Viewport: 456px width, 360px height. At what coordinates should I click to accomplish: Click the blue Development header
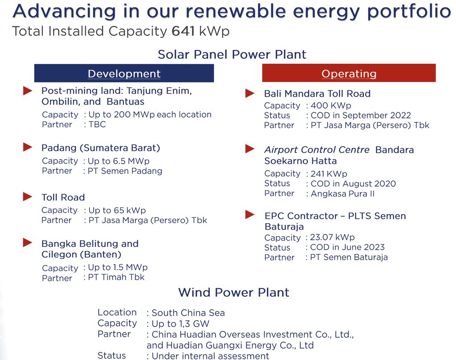pyautogui.click(x=124, y=74)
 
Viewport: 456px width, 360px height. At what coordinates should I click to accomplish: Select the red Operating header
pyautogui.click(x=349, y=73)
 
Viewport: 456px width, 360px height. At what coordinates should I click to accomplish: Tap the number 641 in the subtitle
pyautogui.click(x=183, y=31)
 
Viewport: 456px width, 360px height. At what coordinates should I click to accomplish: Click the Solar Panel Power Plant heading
pyautogui.click(x=232, y=54)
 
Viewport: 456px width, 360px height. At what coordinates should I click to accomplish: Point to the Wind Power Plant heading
pyautogui.click(x=234, y=292)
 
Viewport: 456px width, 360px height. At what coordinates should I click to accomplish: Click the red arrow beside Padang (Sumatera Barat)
pyautogui.click(x=28, y=147)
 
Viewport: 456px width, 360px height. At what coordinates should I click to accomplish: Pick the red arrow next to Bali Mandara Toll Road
pyautogui.click(x=250, y=93)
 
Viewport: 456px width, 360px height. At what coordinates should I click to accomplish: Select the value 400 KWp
pyautogui.click(x=331, y=105)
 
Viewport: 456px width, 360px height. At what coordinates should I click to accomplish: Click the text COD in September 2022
pyautogui.click(x=361, y=115)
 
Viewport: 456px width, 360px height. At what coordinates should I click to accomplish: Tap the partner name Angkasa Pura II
pyautogui.click(x=342, y=193)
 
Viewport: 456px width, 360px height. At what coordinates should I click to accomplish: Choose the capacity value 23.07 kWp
pyautogui.click(x=332, y=237)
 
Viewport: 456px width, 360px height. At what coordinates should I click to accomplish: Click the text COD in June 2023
pyautogui.click(x=347, y=247)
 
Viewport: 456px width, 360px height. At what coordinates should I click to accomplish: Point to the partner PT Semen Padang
pyautogui.click(x=125, y=171)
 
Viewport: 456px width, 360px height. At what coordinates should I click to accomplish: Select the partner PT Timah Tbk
pyautogui.click(x=116, y=277)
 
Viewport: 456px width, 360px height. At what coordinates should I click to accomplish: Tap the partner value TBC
pyautogui.click(x=97, y=124)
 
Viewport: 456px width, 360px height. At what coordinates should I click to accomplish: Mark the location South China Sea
pyautogui.click(x=188, y=313)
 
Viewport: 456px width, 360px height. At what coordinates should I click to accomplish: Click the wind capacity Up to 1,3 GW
pyautogui.click(x=180, y=323)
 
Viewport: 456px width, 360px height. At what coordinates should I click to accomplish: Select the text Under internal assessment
pyautogui.click(x=210, y=356)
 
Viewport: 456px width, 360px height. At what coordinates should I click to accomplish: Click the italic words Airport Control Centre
pyautogui.click(x=317, y=150)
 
